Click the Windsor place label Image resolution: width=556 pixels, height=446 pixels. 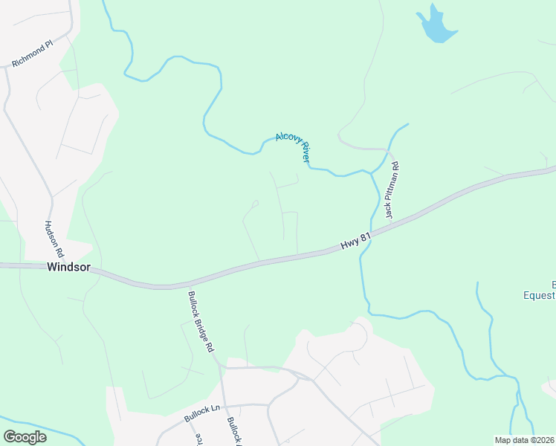click(x=68, y=266)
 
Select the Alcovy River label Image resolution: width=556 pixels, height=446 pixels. click(x=292, y=146)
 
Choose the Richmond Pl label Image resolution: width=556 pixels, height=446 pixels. click(x=33, y=55)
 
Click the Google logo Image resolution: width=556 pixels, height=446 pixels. click(x=25, y=437)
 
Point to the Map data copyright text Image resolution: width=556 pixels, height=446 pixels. click(x=525, y=440)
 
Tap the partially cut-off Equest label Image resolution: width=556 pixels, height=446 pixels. click(x=539, y=295)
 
